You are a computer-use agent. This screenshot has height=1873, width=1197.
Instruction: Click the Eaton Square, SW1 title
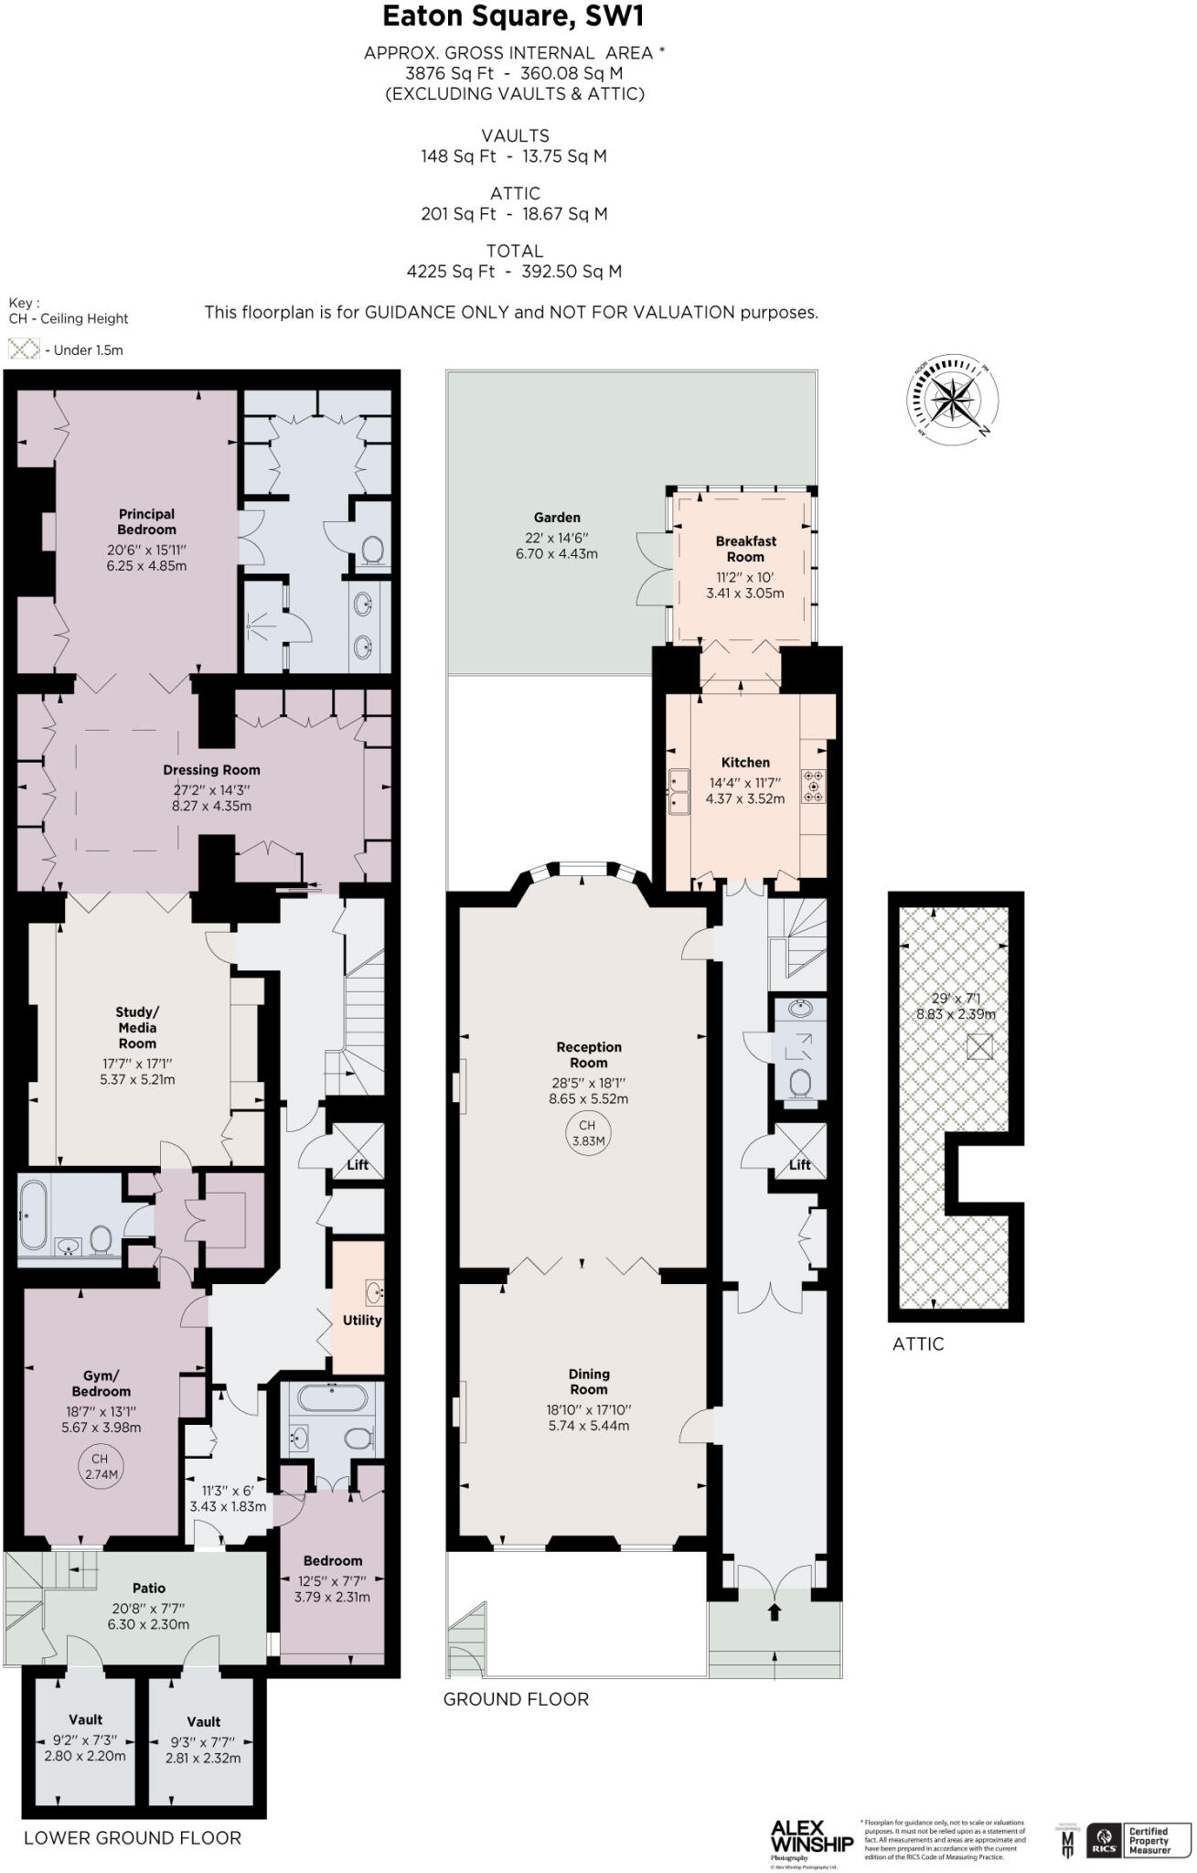(518, 17)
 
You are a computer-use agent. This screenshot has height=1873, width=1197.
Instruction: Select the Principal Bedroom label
(146, 521)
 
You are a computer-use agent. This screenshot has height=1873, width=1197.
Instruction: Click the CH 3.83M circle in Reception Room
(588, 1133)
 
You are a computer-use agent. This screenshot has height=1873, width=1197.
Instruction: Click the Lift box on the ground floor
(800, 1152)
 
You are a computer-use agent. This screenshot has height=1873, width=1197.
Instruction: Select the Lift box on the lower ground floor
(358, 1152)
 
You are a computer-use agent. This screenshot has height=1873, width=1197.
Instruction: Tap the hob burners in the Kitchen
(813, 787)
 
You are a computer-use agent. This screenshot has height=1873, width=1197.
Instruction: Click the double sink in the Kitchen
(679, 791)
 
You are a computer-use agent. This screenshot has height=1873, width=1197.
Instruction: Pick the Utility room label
(362, 1320)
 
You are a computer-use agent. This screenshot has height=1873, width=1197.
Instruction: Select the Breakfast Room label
(745, 549)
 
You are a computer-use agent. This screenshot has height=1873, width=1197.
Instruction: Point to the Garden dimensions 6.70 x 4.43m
(557, 553)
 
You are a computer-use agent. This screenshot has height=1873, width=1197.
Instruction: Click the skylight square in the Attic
(979, 1046)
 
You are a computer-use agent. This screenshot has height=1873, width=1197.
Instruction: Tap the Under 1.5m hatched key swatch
(24, 348)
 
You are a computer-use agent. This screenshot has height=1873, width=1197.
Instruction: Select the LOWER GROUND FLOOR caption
(133, 1837)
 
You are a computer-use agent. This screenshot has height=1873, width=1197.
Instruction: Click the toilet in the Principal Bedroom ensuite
(373, 550)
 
